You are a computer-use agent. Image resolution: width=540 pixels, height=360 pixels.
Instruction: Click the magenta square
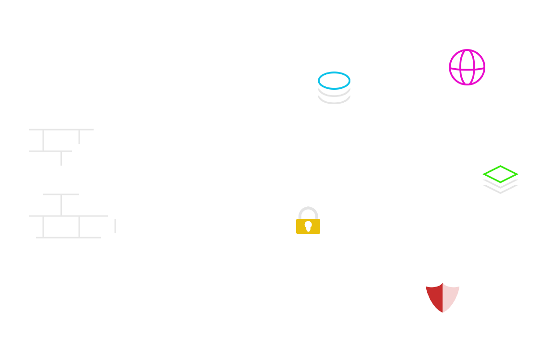click(x=467, y=67)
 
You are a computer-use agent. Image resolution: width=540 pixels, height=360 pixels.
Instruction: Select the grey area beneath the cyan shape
click(x=334, y=98)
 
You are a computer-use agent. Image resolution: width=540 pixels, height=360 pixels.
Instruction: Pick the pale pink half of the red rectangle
click(x=451, y=298)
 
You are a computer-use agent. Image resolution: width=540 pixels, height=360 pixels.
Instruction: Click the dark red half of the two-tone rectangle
click(x=434, y=298)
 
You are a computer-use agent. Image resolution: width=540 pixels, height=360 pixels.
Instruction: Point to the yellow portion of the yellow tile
click(x=308, y=227)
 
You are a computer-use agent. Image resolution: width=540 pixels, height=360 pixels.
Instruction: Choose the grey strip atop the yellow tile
click(x=308, y=210)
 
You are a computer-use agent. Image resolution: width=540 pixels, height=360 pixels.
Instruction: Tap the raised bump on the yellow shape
click(x=308, y=217)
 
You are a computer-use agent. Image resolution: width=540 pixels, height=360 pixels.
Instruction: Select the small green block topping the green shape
click(x=500, y=168)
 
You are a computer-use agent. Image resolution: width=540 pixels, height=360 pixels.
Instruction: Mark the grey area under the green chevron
click(x=500, y=189)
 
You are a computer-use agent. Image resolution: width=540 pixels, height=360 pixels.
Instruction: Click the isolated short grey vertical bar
click(x=115, y=226)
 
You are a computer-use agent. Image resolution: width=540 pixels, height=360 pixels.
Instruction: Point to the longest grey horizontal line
click(x=68, y=216)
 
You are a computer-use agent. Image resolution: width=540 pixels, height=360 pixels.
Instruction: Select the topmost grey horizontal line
click(x=61, y=130)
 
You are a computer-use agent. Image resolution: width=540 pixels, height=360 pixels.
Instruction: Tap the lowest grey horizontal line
click(x=68, y=238)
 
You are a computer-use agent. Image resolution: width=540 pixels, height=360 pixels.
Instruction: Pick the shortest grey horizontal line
click(x=61, y=194)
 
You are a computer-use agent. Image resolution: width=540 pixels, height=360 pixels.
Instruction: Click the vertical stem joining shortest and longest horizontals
click(x=61, y=205)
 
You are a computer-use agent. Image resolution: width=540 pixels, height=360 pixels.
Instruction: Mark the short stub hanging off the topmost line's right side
click(x=79, y=137)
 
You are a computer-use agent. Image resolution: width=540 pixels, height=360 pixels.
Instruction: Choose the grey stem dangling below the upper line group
click(x=61, y=159)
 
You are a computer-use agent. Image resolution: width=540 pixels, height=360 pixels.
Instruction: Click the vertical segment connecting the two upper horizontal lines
click(x=43, y=140)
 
